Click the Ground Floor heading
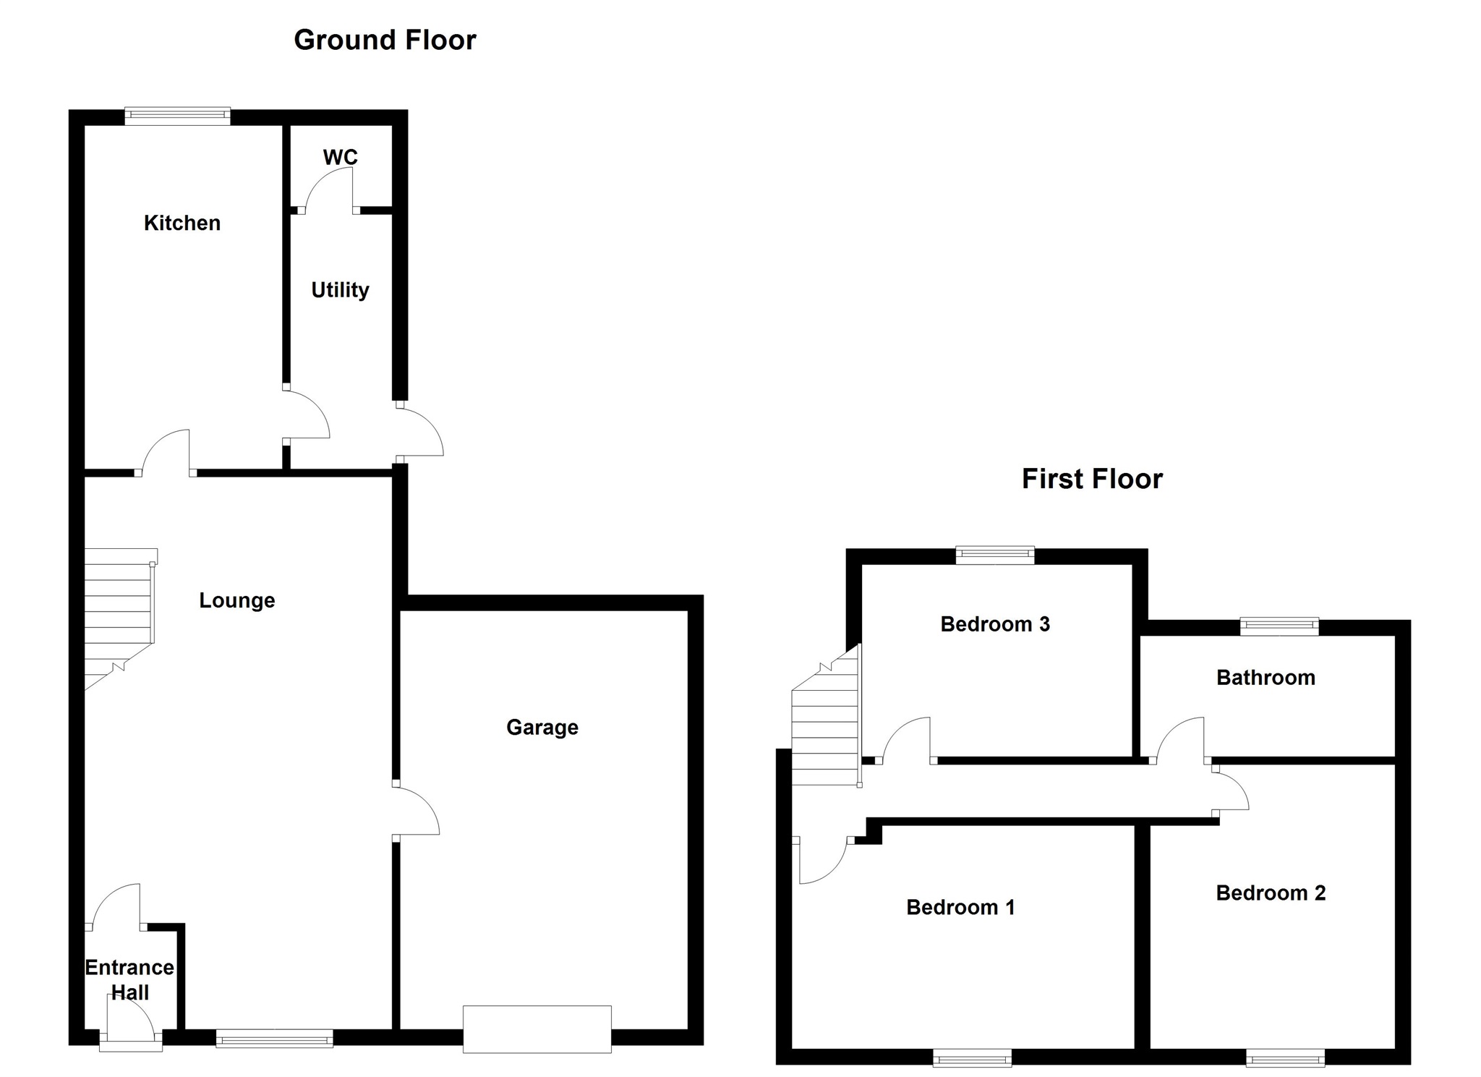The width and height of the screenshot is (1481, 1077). pyautogui.click(x=385, y=41)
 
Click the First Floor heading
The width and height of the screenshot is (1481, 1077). pyautogui.click(x=1092, y=480)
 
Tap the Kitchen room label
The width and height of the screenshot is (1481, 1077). pyautogui.click(x=182, y=223)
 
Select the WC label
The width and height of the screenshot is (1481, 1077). pyautogui.click(x=340, y=157)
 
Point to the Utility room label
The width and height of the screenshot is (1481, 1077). pyautogui.click(x=340, y=290)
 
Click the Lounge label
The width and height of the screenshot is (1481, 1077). pyautogui.click(x=237, y=600)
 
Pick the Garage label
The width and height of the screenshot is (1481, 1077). pyautogui.click(x=542, y=727)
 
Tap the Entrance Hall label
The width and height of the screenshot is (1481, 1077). pyautogui.click(x=130, y=979)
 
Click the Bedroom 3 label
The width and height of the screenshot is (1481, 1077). pyautogui.click(x=995, y=624)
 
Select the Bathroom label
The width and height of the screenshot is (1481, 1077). pyautogui.click(x=1266, y=678)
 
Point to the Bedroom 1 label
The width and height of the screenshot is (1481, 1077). pyautogui.click(x=960, y=907)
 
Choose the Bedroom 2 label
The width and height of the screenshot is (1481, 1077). pyautogui.click(x=1271, y=893)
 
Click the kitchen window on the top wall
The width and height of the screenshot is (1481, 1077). pyautogui.click(x=177, y=116)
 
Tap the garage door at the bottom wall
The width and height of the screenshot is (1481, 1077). pyautogui.click(x=537, y=1029)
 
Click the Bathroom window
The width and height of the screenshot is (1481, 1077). pyautogui.click(x=1279, y=626)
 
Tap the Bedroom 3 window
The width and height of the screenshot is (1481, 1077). pyautogui.click(x=995, y=555)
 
